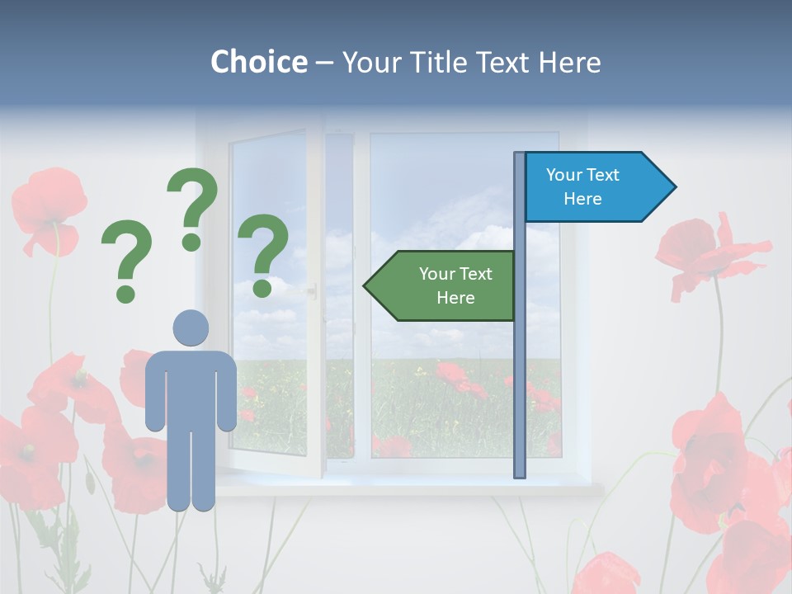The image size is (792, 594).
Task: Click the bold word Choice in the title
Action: (x=258, y=62)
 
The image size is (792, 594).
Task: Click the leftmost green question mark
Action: (x=126, y=260)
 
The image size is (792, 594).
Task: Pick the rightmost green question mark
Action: (x=263, y=252)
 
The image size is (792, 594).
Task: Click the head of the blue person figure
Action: (x=191, y=328)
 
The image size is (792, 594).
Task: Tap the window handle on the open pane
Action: (x=312, y=290)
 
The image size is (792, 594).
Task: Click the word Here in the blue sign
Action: (x=582, y=199)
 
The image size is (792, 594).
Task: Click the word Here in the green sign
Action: (x=455, y=298)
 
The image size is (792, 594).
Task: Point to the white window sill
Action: (x=412, y=488)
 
